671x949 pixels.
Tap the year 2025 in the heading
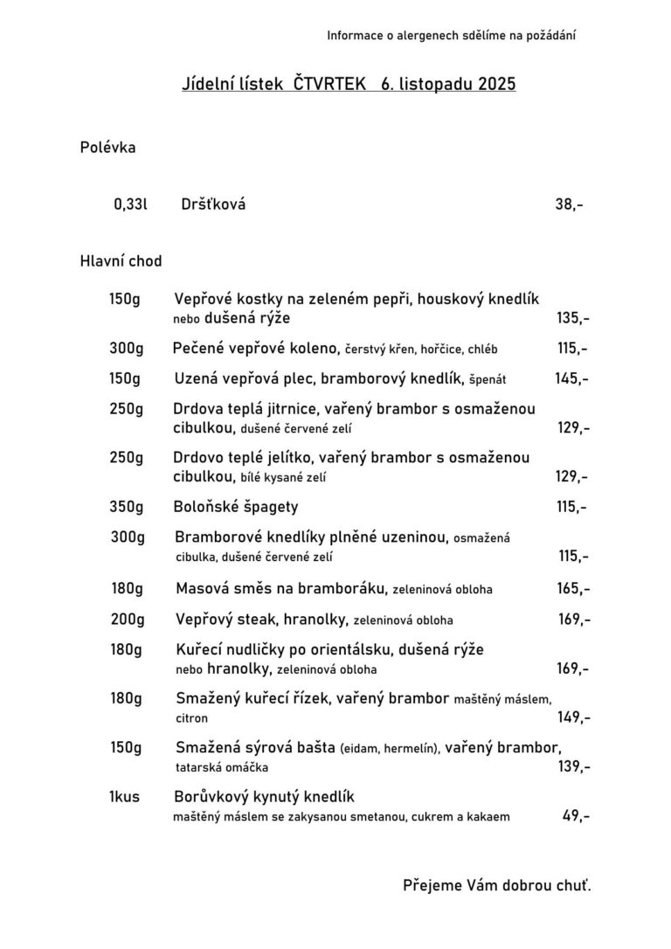pyautogui.click(x=497, y=85)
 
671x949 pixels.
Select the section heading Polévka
pyautogui.click(x=107, y=148)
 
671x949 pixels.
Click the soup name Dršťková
pyautogui.click(x=213, y=205)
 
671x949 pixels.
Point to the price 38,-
pyautogui.click(x=569, y=205)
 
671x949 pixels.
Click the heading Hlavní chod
pyautogui.click(x=121, y=260)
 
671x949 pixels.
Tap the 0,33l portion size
pyautogui.click(x=130, y=205)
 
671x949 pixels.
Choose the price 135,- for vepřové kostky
pyautogui.click(x=572, y=318)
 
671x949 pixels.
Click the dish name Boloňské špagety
pyautogui.click(x=235, y=507)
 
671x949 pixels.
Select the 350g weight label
pyautogui.click(x=126, y=507)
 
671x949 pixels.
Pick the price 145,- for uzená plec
pyautogui.click(x=571, y=379)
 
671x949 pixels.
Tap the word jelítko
pyautogui.click(x=286, y=457)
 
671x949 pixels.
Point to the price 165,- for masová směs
pyautogui.click(x=573, y=589)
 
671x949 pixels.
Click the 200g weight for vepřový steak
pyautogui.click(x=127, y=620)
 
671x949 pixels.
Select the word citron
pyautogui.click(x=192, y=718)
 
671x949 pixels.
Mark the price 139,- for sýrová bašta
pyautogui.click(x=573, y=766)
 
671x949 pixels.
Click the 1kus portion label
pyautogui.click(x=125, y=797)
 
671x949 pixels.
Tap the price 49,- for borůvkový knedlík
pyautogui.click(x=576, y=817)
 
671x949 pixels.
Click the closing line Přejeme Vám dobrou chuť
pyautogui.click(x=496, y=885)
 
